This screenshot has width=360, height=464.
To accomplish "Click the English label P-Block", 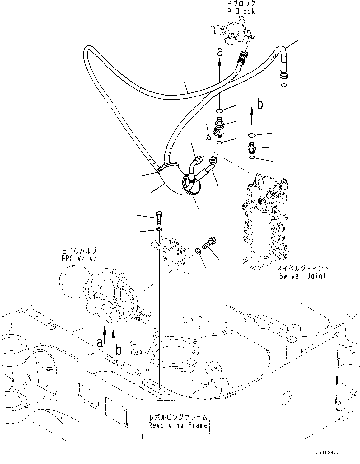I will [x=241, y=11].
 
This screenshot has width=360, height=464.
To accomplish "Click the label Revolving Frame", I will [x=178, y=425].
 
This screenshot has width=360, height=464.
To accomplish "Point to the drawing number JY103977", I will [x=337, y=453].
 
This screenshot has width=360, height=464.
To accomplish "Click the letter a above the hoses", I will [x=220, y=53].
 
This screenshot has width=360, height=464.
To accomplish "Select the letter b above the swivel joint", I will [x=260, y=105].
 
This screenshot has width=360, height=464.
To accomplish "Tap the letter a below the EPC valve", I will [x=99, y=342].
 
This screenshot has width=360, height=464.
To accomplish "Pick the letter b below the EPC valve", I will [x=118, y=350].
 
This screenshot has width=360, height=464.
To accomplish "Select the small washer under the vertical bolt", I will [x=159, y=229].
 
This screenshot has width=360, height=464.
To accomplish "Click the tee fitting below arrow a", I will [x=220, y=127].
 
